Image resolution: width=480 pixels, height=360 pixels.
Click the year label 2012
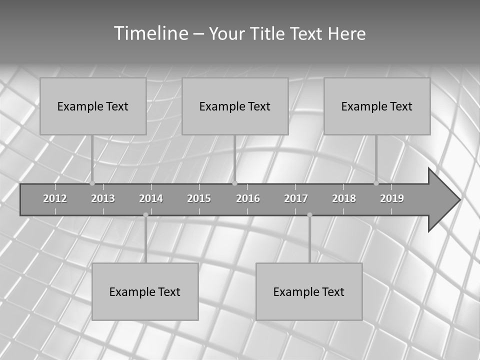[55, 198]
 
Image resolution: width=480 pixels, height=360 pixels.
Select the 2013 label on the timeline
[103, 198]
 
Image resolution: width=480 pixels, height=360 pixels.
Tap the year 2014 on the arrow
[151, 198]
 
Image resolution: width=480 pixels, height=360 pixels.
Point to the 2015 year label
[199, 198]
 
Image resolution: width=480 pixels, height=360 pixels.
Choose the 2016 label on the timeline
[248, 198]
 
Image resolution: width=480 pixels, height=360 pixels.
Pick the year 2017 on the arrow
[296, 198]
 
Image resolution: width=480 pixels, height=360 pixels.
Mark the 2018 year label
[344, 198]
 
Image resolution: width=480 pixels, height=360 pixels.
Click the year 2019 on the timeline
[392, 198]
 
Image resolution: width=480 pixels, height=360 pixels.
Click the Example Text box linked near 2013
[93, 106]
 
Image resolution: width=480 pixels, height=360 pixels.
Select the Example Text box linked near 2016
[235, 106]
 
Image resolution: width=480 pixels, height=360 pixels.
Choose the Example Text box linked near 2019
[377, 106]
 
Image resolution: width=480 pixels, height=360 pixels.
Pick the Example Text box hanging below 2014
[145, 291]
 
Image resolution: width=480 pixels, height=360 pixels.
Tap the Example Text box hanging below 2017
[309, 291]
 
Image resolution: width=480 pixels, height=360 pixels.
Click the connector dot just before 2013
[92, 183]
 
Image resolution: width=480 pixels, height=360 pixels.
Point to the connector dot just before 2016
[235, 183]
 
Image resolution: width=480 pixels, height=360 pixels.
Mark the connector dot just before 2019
[376, 183]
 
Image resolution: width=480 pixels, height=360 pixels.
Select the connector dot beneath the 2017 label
[309, 215]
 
